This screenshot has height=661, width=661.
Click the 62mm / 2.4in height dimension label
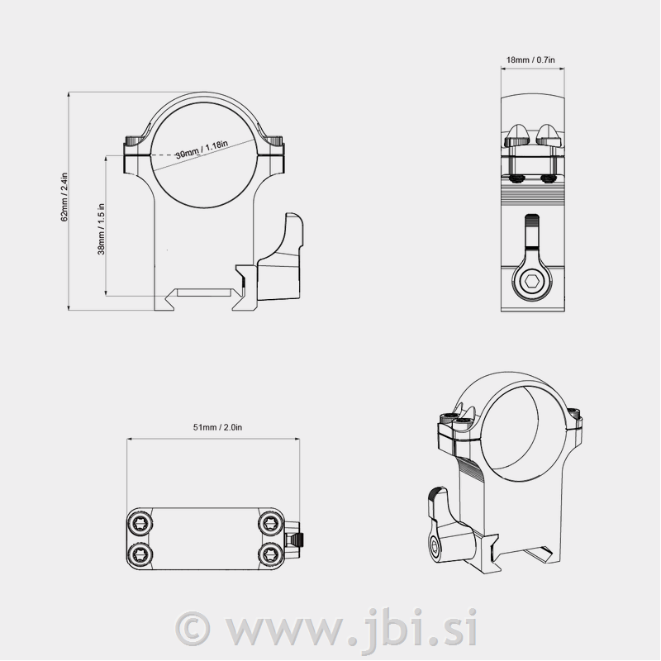pyautogui.click(x=64, y=197)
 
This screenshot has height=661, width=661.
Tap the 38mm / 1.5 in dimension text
pyautogui.click(x=101, y=230)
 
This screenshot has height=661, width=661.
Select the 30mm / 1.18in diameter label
pyautogui.click(x=202, y=150)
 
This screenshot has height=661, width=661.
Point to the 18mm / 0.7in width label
pyautogui.click(x=530, y=59)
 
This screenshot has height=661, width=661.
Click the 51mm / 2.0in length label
pyautogui.click(x=217, y=427)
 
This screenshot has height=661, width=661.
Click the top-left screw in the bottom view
pyautogui.click(x=140, y=524)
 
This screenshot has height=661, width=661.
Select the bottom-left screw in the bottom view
pyautogui.click(x=140, y=554)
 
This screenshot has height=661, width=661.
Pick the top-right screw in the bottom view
pyautogui.click(x=271, y=524)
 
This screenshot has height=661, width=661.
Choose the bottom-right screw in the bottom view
pyautogui.click(x=271, y=554)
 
